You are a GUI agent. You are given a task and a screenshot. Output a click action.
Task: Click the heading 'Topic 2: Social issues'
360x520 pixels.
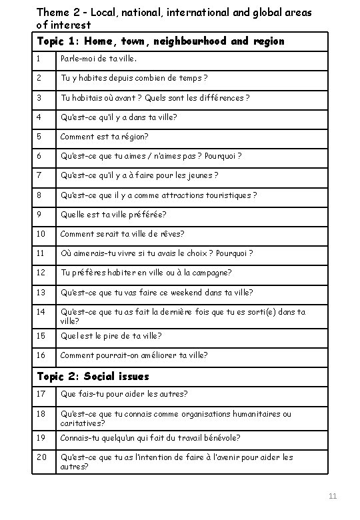pyautogui.click(x=93, y=377)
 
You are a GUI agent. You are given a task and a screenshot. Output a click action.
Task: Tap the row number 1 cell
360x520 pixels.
pyautogui.click(x=39, y=59)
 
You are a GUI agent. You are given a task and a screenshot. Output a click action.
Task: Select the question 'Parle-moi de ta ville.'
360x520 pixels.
pyautogui.click(x=99, y=59)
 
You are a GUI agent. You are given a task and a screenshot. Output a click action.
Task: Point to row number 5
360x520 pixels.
pyautogui.click(x=39, y=137)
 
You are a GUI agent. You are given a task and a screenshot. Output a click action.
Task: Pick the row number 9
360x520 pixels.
pyautogui.click(x=39, y=215)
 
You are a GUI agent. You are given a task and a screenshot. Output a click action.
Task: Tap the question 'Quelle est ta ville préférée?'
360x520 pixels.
pyautogui.click(x=113, y=215)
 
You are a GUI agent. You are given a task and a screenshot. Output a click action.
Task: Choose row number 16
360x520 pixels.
pyautogui.click(x=41, y=355)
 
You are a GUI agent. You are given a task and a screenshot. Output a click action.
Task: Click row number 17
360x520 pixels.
pyautogui.click(x=41, y=394)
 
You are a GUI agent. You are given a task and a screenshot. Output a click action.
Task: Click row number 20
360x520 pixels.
pyautogui.click(x=41, y=457)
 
